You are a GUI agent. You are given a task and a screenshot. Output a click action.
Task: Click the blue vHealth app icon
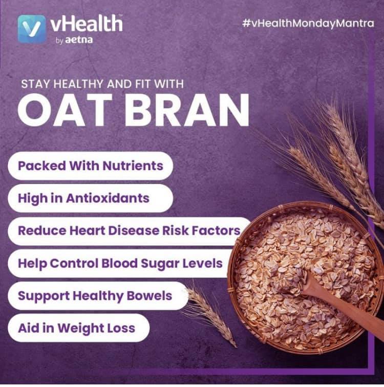32,29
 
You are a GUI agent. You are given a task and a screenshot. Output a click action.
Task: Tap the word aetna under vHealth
79,40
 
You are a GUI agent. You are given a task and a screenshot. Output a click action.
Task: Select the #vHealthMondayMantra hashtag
308,23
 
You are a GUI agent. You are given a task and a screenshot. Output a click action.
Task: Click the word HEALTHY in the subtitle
78,84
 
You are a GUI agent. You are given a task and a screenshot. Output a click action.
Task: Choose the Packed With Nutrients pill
90,166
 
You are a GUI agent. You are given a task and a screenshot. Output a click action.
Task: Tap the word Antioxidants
108,198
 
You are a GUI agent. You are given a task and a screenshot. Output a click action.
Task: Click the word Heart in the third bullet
88,231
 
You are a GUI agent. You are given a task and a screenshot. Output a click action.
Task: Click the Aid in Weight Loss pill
79,328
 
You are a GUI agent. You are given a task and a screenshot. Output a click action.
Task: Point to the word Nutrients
133,166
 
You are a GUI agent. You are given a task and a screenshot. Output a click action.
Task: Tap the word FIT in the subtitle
142,84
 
